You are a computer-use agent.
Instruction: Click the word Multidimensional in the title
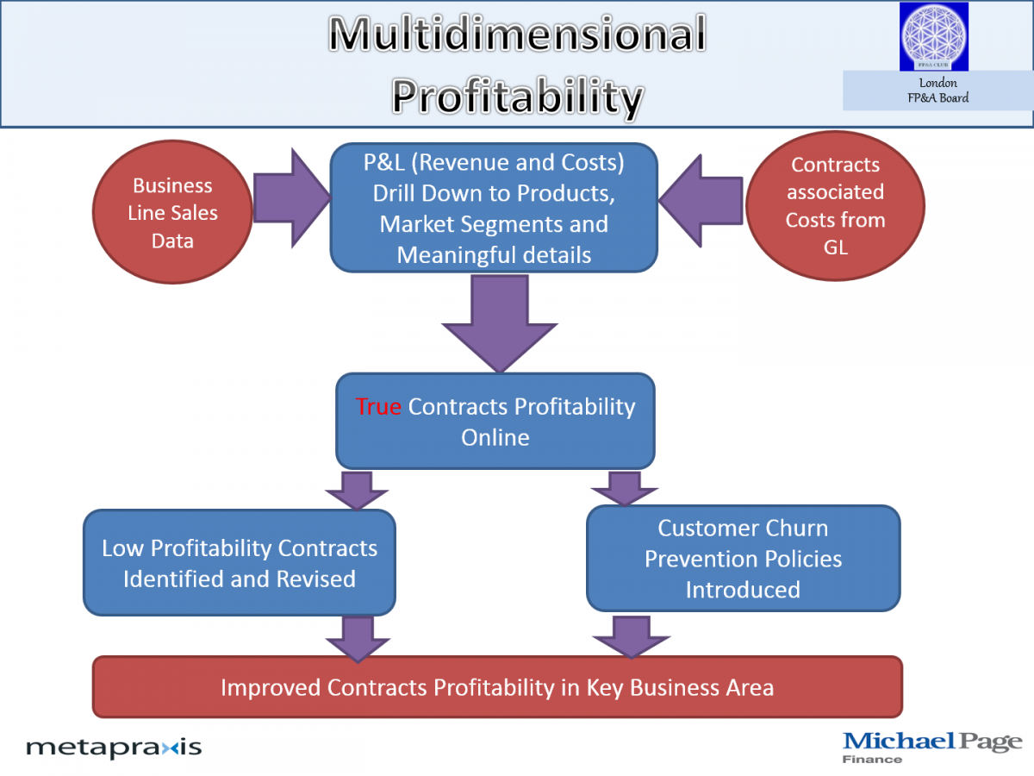coord(517,34)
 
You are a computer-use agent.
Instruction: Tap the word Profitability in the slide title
coord(517,97)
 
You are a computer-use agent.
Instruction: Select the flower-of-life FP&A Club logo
coord(934,36)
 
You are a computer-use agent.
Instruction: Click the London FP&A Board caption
coord(937,91)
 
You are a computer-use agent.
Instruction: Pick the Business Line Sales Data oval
coord(172,212)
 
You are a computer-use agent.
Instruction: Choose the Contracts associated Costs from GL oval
coord(835,206)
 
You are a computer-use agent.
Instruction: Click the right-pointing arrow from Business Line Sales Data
coord(292,198)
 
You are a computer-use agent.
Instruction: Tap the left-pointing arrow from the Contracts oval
coord(701,201)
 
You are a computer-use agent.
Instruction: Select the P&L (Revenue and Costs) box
coord(494,208)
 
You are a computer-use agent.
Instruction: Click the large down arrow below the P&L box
coord(499,324)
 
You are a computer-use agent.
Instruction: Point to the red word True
coord(378,407)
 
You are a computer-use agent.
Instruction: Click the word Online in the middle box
coord(495,438)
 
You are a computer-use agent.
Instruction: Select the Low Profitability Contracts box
coord(240,562)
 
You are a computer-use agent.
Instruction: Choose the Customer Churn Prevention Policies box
coord(744,559)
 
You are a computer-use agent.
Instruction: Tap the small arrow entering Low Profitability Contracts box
coord(357,491)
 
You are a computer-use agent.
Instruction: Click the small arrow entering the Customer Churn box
coord(624,489)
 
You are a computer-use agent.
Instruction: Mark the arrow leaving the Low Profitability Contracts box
coord(358,640)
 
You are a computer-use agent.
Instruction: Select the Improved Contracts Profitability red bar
coord(497,687)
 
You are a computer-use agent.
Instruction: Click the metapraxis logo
coord(114,748)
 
